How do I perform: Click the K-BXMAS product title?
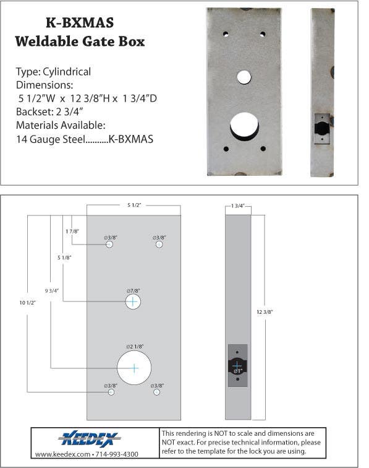80,23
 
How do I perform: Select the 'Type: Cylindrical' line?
53,72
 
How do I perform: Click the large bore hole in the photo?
244,126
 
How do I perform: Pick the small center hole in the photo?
244,77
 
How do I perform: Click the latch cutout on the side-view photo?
322,129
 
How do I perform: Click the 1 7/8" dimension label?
72,230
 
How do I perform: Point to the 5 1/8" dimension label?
64,257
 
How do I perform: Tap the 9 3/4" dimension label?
52,290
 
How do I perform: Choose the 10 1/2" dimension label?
28,302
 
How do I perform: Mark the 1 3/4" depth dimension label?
238,205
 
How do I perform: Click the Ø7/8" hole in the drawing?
133,301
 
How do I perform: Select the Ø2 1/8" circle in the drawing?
134,367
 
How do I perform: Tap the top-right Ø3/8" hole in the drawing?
159,245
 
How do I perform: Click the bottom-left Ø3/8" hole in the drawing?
111,392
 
